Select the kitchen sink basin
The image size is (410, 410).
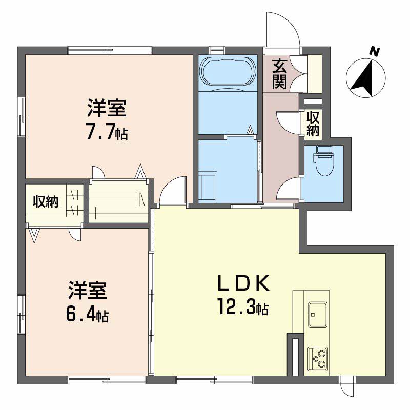318,314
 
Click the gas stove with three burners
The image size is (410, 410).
318,358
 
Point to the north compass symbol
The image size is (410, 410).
366,77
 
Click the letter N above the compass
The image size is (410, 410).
375,51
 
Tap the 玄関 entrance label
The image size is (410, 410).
279,74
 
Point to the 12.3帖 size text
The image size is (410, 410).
242,308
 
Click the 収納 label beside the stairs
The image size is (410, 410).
46,201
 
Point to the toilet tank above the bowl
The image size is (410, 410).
324,149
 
